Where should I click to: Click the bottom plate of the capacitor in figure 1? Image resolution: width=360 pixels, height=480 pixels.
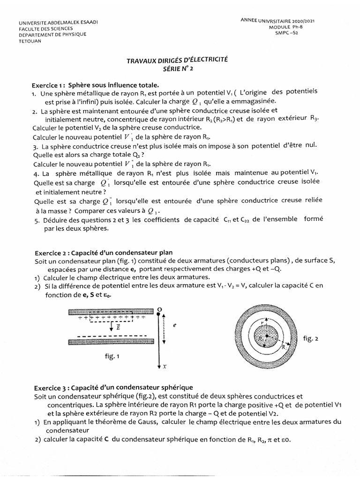pos(111,342)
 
